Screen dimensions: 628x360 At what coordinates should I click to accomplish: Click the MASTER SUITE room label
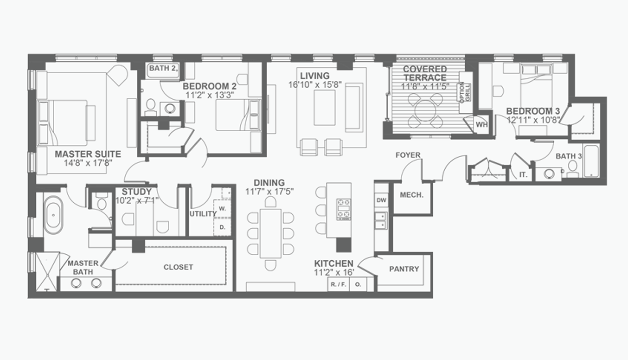click(x=88, y=154)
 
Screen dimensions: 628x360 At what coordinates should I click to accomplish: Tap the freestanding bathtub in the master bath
click(x=53, y=215)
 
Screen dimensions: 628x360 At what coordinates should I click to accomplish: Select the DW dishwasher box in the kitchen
click(x=381, y=200)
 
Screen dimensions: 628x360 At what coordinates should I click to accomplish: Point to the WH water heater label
click(x=481, y=124)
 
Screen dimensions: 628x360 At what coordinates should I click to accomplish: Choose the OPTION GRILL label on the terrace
click(x=465, y=92)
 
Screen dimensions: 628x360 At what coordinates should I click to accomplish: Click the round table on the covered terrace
click(x=425, y=110)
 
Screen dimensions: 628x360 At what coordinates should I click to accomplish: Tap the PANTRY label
click(x=404, y=269)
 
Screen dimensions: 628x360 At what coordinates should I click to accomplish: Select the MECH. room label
click(x=411, y=195)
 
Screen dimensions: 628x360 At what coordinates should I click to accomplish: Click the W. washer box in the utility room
click(x=222, y=209)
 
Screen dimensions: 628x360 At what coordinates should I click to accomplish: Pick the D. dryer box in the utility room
click(x=222, y=227)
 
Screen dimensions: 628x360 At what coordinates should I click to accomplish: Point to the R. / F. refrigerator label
click(x=339, y=284)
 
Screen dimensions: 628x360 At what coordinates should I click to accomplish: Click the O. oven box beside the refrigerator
click(x=358, y=284)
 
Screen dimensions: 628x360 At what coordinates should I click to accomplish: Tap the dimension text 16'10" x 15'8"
click(x=315, y=85)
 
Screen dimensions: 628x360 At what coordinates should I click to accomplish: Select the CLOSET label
click(x=178, y=267)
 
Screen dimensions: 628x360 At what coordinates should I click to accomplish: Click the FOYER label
click(x=408, y=155)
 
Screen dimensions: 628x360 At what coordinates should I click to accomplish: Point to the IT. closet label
click(x=523, y=175)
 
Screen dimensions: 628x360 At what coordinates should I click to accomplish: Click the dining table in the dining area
click(x=270, y=233)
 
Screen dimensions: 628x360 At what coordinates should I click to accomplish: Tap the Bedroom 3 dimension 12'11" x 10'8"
click(x=533, y=120)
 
